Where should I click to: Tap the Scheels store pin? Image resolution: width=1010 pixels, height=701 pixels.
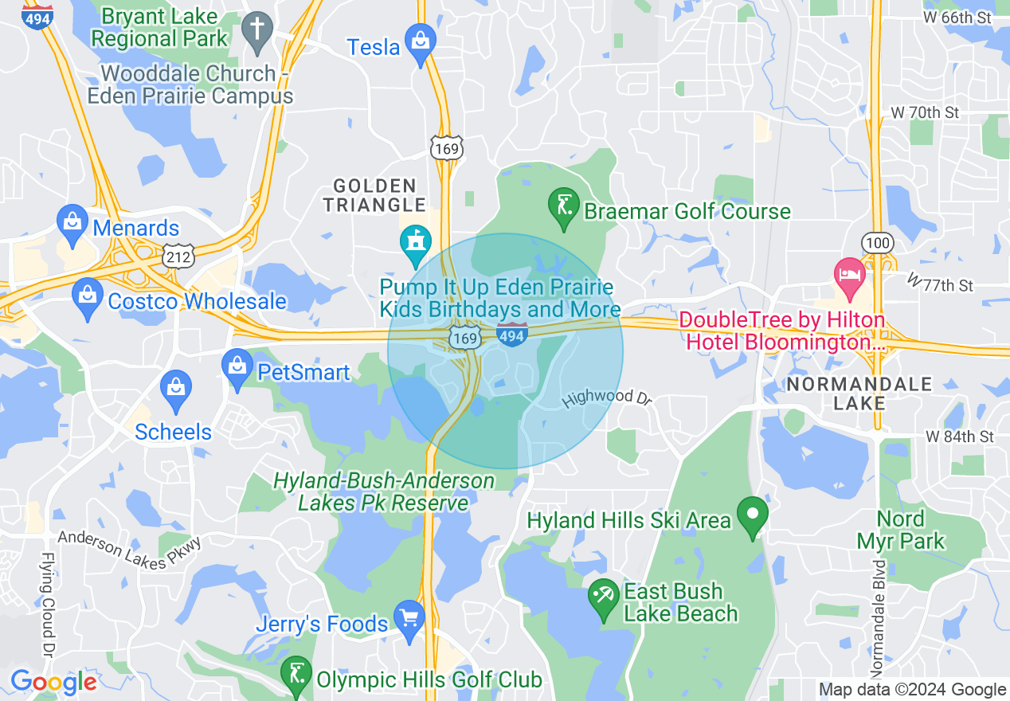click(x=175, y=389)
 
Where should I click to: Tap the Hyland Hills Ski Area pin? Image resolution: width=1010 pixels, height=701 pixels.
click(x=753, y=516)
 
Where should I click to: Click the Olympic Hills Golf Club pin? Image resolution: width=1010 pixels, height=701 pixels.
click(x=296, y=675)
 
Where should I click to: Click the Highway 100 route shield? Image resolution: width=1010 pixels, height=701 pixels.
click(x=876, y=243)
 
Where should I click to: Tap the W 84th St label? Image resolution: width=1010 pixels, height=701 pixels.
click(x=960, y=437)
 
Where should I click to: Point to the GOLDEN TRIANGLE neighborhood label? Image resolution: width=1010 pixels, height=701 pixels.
click(x=374, y=195)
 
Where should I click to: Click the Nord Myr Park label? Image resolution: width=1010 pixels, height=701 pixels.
click(x=901, y=531)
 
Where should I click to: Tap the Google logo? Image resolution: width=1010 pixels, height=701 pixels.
click(x=54, y=682)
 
